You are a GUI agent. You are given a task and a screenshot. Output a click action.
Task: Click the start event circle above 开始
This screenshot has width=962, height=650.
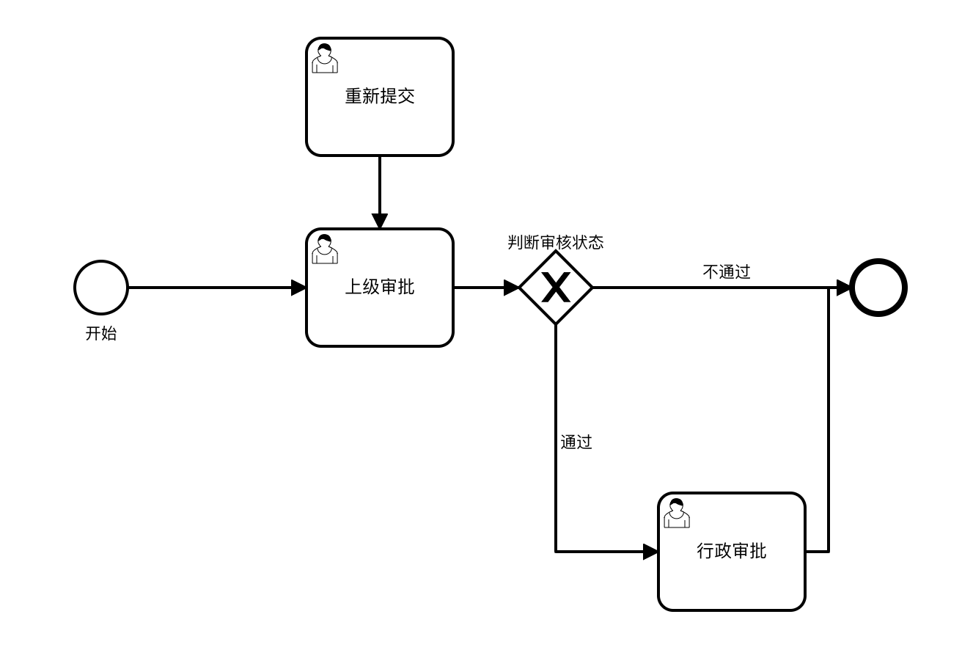101,288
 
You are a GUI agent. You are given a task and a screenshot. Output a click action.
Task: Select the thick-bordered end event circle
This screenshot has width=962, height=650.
878,288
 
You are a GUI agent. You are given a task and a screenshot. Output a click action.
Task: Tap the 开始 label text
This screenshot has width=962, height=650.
101,334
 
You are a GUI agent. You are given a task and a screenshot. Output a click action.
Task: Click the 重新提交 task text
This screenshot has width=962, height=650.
380,96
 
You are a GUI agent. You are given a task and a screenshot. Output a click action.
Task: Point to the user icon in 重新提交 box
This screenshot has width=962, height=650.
325,59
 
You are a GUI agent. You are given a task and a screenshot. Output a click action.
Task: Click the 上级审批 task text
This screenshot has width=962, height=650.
380,287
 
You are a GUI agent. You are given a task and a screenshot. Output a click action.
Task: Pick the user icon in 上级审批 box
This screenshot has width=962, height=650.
325,249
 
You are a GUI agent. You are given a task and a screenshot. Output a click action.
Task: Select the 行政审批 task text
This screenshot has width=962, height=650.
731,551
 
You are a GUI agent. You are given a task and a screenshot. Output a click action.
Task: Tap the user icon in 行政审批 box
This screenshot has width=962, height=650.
676,514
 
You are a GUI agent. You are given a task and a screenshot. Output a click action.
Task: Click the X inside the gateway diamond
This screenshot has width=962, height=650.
556,288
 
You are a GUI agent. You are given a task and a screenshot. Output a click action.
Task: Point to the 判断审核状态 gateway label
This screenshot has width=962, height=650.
556,242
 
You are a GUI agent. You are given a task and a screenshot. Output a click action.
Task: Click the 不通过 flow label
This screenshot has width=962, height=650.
727,271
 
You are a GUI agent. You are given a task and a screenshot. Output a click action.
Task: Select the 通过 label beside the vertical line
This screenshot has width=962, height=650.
576,442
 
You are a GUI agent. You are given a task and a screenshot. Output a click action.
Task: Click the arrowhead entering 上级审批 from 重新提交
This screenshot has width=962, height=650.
380,221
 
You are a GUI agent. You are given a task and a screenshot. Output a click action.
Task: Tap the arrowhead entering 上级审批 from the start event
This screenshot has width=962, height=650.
298,288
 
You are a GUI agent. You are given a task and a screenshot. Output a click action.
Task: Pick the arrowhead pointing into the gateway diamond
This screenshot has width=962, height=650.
511,288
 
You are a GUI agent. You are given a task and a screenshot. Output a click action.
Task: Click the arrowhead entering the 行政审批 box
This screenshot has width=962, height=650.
650,552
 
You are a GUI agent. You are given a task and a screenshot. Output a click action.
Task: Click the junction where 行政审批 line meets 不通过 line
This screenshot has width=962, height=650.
829,288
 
